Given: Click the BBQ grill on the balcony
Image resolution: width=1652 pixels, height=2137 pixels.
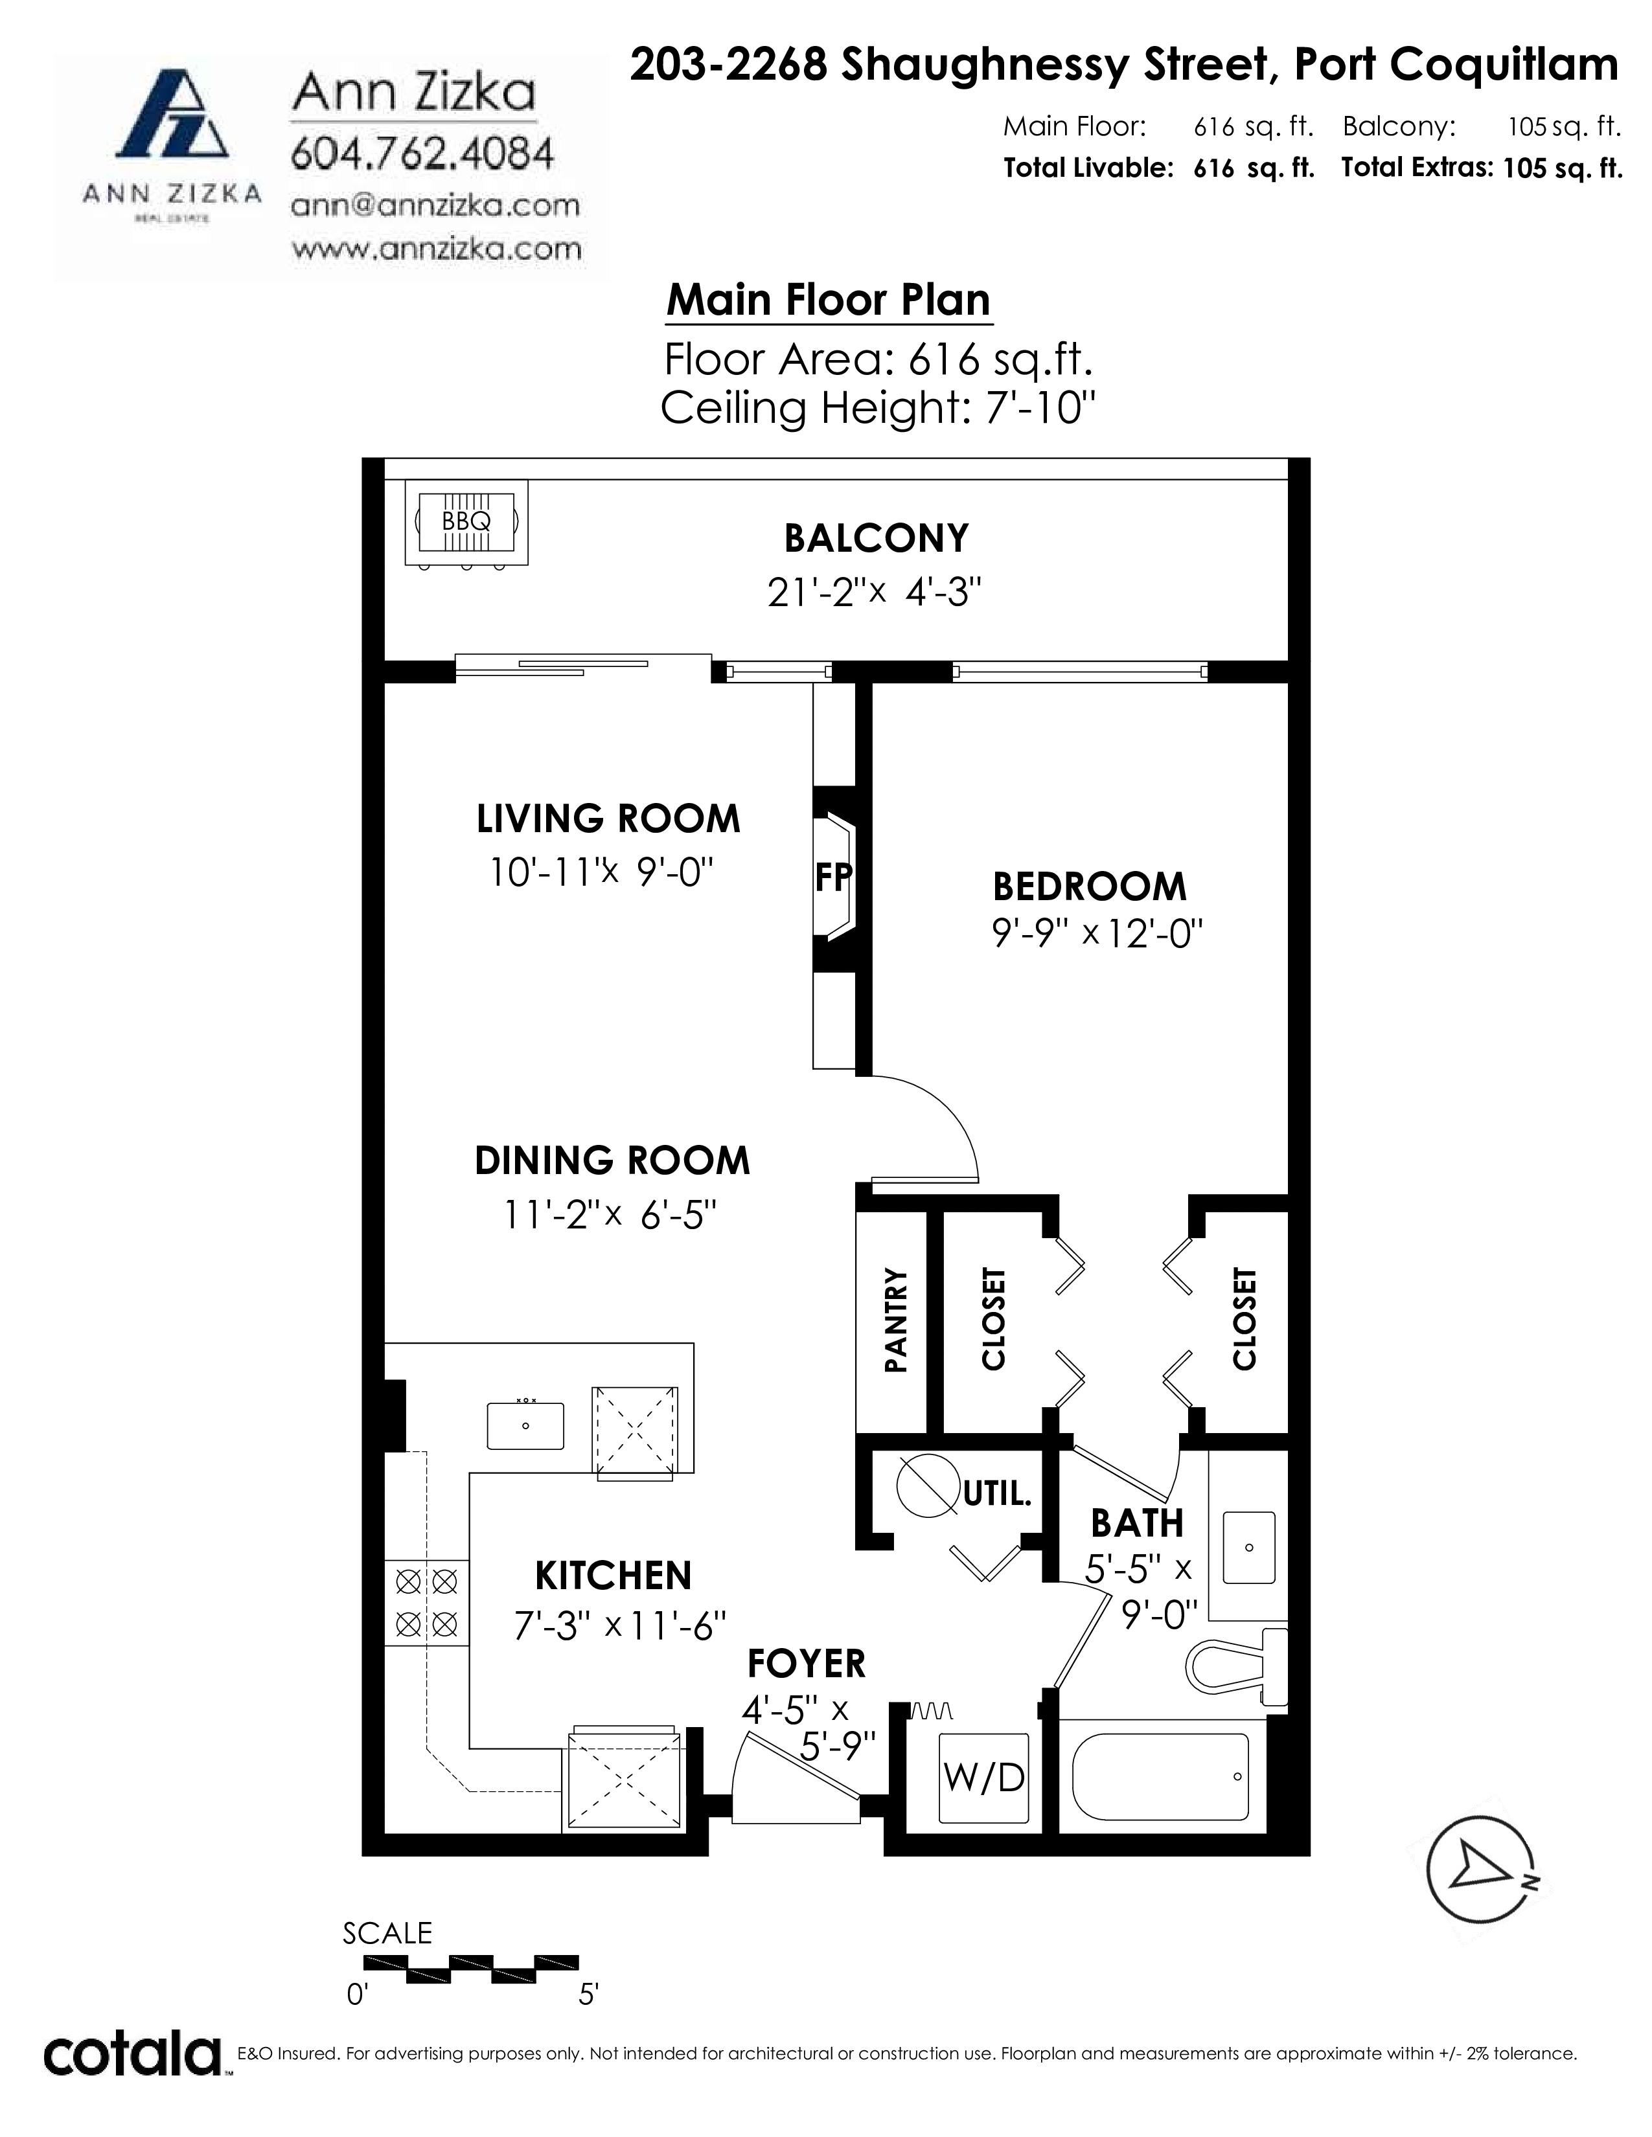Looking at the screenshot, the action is pyautogui.click(x=467, y=523).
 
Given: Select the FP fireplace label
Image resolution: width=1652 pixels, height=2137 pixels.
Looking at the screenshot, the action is pyautogui.click(x=834, y=877).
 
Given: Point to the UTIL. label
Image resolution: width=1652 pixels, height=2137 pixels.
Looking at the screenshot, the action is pyautogui.click(x=997, y=1494).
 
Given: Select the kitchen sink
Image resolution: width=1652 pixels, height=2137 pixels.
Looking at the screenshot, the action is pyautogui.click(x=525, y=1426).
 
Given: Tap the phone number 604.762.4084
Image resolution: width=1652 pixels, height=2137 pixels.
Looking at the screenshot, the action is pyautogui.click(x=423, y=153).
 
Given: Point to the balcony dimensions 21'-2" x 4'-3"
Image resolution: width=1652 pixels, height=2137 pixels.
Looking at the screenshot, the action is pyautogui.click(x=874, y=591).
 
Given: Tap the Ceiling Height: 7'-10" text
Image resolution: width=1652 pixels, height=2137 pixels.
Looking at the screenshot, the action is pyautogui.click(x=877, y=407).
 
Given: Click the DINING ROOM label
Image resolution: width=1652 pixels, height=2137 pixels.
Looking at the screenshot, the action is pyautogui.click(x=612, y=1160).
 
